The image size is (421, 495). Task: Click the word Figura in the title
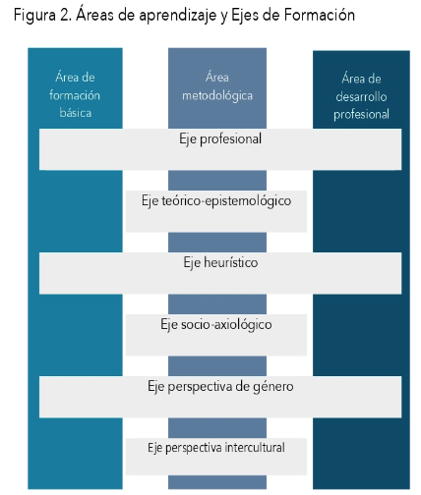point(34,16)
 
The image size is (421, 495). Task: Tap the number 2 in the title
point(65,15)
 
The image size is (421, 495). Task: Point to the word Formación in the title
point(320,15)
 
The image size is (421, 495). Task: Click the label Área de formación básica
point(75,95)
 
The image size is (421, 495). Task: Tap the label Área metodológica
point(217,86)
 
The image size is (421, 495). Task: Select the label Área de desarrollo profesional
point(361,96)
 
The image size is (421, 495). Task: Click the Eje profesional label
point(220,139)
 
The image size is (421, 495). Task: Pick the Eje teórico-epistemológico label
point(216,201)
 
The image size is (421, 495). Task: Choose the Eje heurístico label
point(220,263)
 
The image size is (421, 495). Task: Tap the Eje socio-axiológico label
point(216,325)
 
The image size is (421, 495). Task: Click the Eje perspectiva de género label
point(220,387)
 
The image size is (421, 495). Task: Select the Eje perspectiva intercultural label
point(216,448)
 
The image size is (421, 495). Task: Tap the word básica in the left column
point(76,113)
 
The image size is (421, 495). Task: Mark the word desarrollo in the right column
point(361,96)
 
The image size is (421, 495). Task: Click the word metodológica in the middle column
point(217,96)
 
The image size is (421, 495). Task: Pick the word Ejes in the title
point(245,16)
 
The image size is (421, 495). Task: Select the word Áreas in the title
point(95,15)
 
